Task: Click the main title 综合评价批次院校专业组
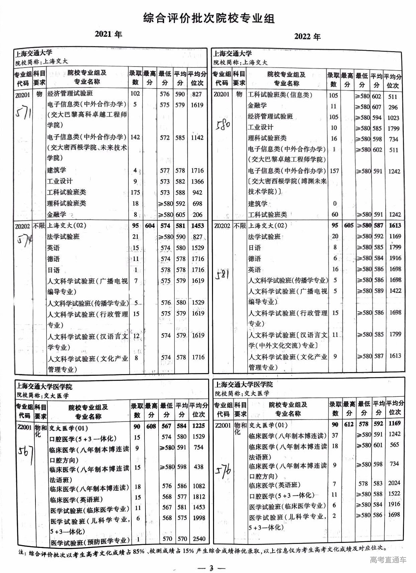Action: (209, 18)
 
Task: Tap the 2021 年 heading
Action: (108, 34)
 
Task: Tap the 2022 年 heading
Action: (307, 36)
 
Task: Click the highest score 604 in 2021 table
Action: (150, 226)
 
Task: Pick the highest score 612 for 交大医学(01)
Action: (349, 424)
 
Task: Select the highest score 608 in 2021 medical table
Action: (151, 426)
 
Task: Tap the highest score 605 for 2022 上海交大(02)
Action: (348, 225)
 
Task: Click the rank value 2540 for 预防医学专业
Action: (199, 539)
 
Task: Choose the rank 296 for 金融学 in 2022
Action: (393, 107)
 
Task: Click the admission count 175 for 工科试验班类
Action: (135, 192)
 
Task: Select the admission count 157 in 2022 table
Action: (334, 171)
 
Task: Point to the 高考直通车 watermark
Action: (388, 560)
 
